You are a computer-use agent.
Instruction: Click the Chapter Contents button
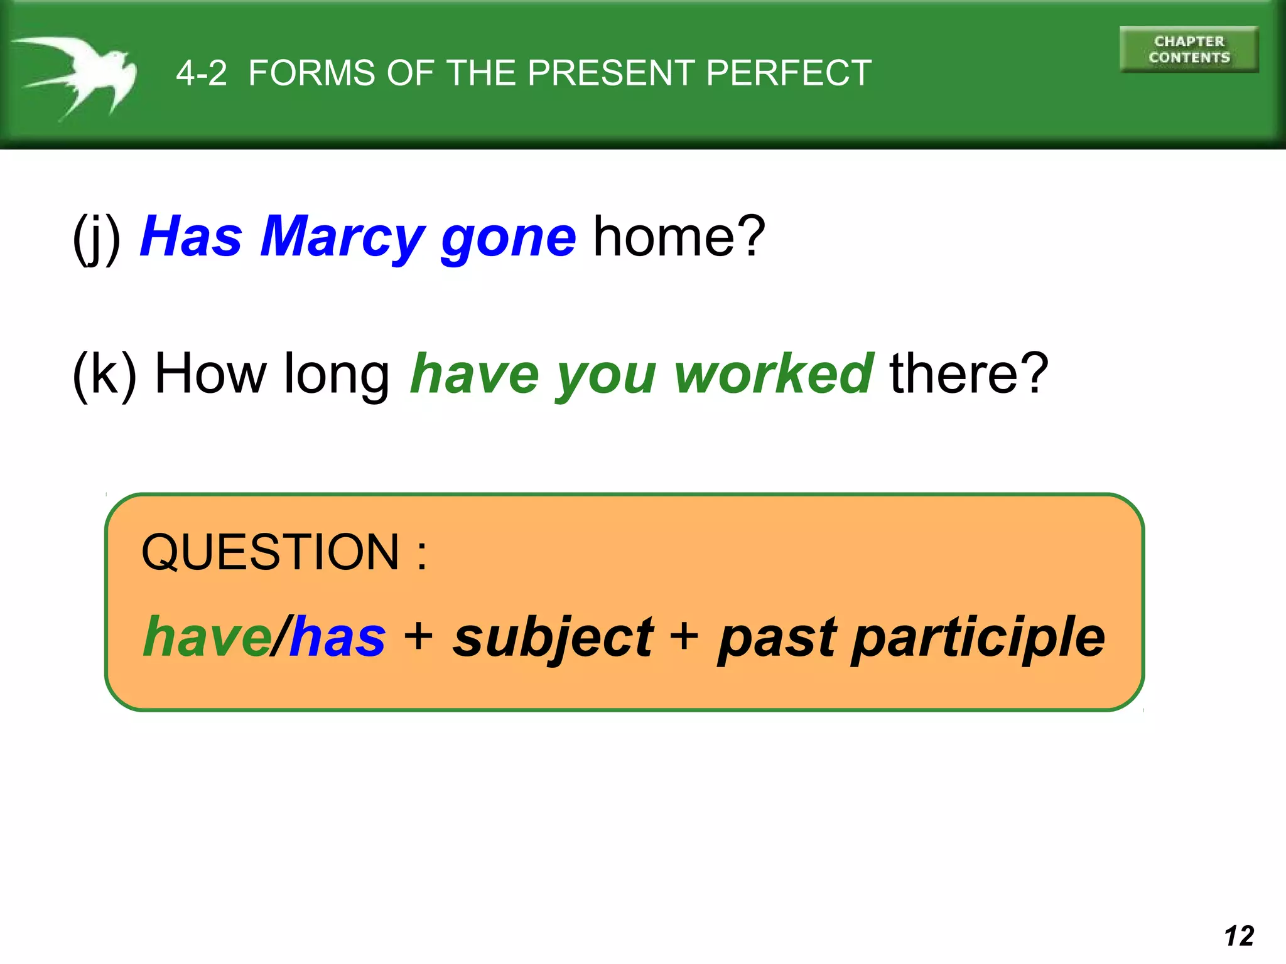1189,50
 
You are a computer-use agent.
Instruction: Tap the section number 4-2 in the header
201,73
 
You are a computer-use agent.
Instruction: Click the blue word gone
508,238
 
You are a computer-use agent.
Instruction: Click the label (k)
104,374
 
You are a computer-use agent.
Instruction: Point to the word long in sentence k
337,375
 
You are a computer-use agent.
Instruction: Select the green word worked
773,374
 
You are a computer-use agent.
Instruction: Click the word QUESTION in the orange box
270,552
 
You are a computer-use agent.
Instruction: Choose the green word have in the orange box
207,637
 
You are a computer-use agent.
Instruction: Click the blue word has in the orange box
338,637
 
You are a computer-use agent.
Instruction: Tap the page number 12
1238,936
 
